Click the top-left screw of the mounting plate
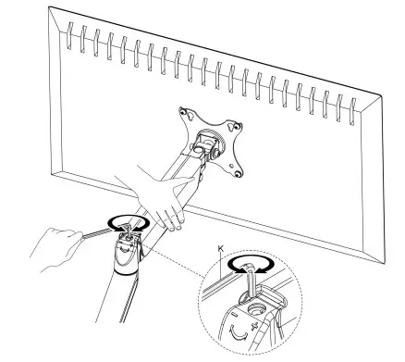pos(183,115)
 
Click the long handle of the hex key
pos(88,236)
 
